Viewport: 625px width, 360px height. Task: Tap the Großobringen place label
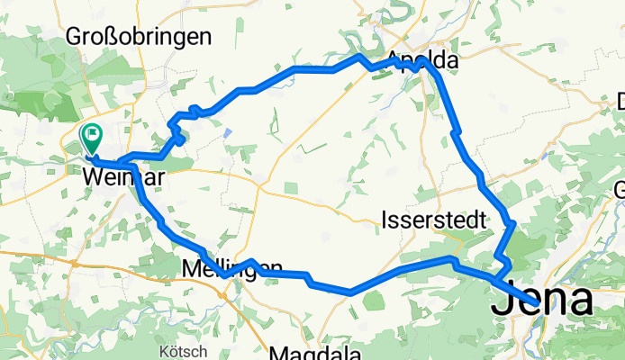[139, 37]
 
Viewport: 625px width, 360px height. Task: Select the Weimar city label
[122, 177]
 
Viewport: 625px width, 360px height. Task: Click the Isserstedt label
[434, 220]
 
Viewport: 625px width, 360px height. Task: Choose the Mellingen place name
[231, 268]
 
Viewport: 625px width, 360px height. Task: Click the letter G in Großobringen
[74, 37]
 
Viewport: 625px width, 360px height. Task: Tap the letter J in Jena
[501, 301]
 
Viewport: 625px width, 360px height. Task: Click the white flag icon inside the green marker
[93, 135]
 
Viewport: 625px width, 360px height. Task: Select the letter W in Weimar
[91, 177]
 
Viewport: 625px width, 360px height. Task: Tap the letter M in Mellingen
[190, 268]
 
